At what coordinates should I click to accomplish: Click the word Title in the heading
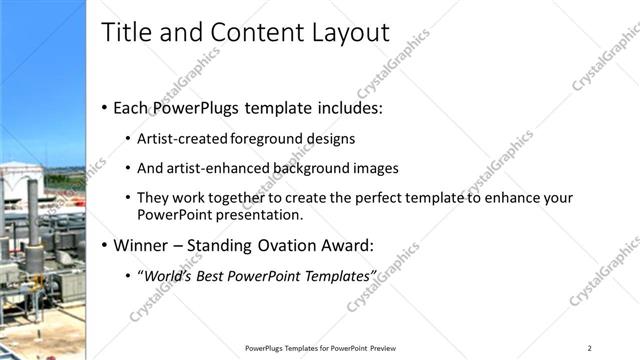coord(124,34)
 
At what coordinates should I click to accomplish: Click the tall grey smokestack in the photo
coord(34,225)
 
